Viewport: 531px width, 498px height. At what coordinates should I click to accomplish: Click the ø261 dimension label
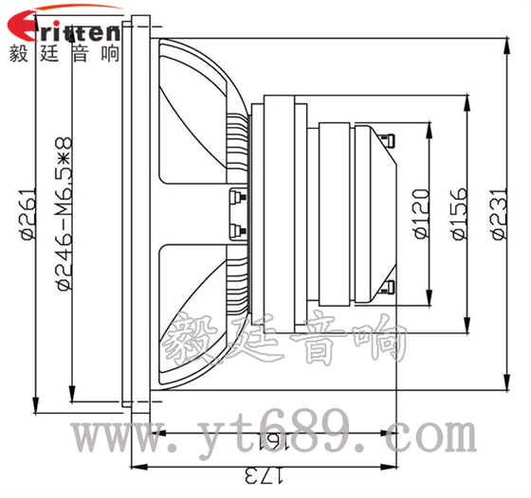click(28, 214)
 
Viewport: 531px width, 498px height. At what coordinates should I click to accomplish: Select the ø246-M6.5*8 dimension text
click(64, 214)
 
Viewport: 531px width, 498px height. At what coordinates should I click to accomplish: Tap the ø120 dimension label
click(422, 214)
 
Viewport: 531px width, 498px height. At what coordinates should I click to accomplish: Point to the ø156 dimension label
click(459, 214)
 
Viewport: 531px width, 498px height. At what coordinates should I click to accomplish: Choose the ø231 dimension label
click(499, 214)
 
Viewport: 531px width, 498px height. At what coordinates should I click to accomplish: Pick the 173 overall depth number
click(264, 475)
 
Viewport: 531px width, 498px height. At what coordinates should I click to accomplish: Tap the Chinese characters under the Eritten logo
click(64, 53)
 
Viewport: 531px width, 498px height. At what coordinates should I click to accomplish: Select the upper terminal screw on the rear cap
click(388, 140)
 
